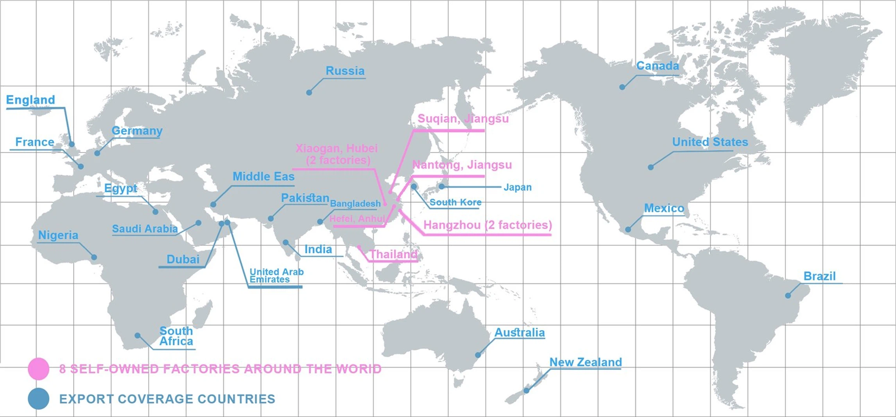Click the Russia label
tap(345, 71)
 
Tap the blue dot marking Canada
tap(622, 87)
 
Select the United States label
tap(710, 142)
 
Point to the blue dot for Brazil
tap(788, 295)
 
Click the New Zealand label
tap(585, 362)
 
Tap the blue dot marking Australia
tap(478, 355)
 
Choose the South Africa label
tap(176, 336)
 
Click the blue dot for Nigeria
tap(94, 257)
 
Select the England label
tap(30, 100)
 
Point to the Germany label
tap(137, 131)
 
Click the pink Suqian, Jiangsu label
tap(463, 118)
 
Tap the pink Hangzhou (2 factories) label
tap(487, 225)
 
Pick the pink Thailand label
tap(393, 254)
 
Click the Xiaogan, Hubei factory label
tap(337, 154)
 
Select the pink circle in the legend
tap(38, 369)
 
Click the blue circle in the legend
tap(38, 399)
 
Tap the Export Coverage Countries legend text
tap(167, 399)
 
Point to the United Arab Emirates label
tap(276, 276)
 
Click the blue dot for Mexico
tap(628, 229)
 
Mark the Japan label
tap(517, 187)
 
